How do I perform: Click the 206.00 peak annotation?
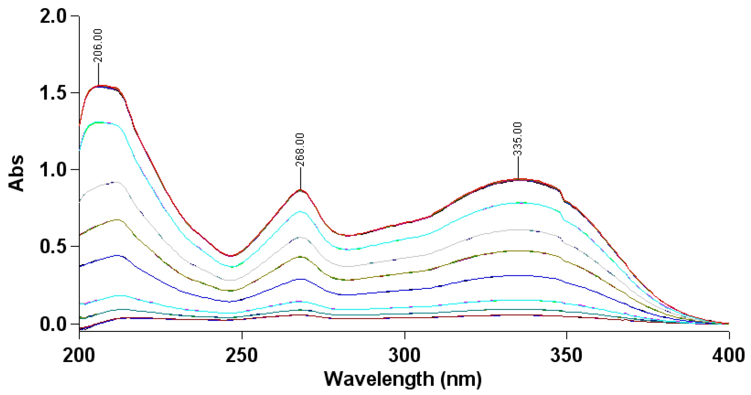[98, 45]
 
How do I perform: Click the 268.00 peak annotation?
[300, 149]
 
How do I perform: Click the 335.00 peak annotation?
[518, 139]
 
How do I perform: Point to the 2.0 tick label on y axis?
[53, 16]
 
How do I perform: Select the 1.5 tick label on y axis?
[53, 93]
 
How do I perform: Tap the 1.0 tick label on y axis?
[53, 170]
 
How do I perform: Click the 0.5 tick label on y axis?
[53, 247]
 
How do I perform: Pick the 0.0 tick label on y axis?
[53, 324]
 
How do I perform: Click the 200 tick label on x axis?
[79, 355]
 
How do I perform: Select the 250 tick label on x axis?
[242, 355]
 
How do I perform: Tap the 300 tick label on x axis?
[405, 355]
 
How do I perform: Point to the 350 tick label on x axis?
[567, 355]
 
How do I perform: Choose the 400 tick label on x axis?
[729, 355]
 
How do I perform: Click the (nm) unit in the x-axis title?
[461, 379]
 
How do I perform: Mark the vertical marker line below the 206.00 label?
[99, 74]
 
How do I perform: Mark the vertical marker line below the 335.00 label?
[518, 167]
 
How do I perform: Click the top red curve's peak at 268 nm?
[300, 190]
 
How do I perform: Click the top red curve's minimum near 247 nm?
[231, 256]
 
